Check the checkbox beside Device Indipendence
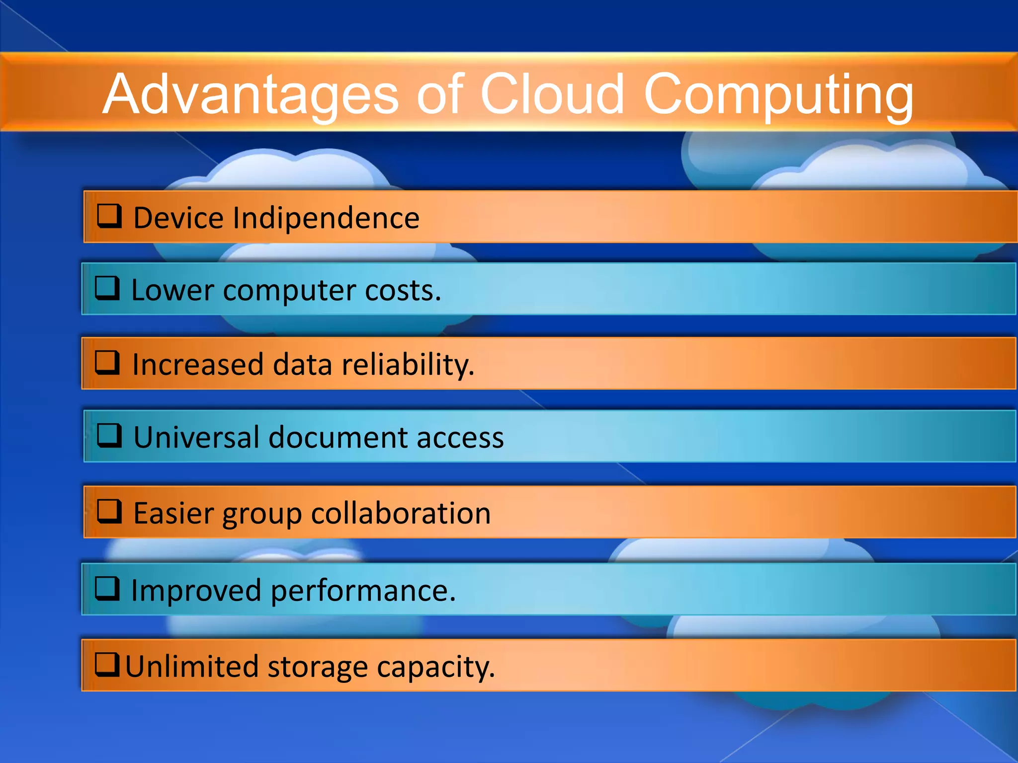pos(109,216)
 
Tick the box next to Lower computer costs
pos(107,288)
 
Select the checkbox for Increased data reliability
pos(107,363)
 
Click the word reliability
pos(408,365)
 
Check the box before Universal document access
pos(109,436)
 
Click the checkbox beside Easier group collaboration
pos(109,511)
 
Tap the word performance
pos(363,591)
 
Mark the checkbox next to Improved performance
pos(107,589)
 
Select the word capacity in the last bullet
pos(435,667)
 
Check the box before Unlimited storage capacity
pos(107,665)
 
